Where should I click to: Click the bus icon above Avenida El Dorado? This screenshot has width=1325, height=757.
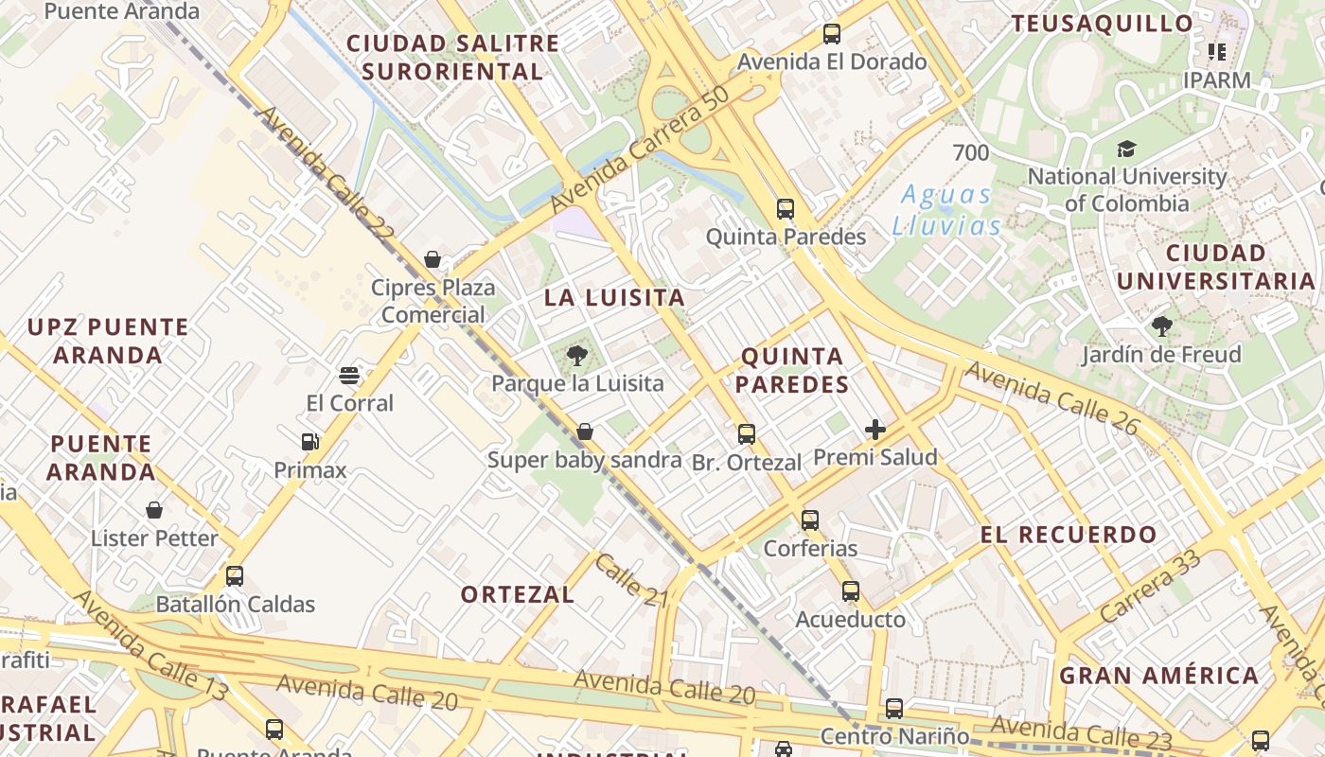pyautogui.click(x=832, y=34)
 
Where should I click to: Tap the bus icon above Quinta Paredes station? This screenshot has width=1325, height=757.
pyautogui.click(x=786, y=209)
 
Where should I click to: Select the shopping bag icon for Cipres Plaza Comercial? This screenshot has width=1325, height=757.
pyautogui.click(x=433, y=259)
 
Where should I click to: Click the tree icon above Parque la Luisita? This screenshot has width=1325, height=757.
pyautogui.click(x=576, y=356)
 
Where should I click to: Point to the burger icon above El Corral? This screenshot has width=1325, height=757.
pyautogui.click(x=349, y=376)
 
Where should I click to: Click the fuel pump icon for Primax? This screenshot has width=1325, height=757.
pyautogui.click(x=309, y=442)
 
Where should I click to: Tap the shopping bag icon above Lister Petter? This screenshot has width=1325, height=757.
pyautogui.click(x=154, y=511)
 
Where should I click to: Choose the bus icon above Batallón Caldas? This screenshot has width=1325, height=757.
pyautogui.click(x=235, y=576)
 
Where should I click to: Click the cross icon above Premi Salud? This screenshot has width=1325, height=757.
pyautogui.click(x=875, y=431)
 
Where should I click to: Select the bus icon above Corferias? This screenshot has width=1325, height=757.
pyautogui.click(x=810, y=520)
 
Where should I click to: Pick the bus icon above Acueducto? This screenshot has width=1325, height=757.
pyautogui.click(x=851, y=591)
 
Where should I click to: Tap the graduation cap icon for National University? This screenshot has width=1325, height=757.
pyautogui.click(x=1126, y=150)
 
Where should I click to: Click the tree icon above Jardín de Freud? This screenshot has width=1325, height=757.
pyautogui.click(x=1162, y=327)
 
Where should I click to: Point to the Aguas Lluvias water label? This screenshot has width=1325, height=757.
pyautogui.click(x=946, y=210)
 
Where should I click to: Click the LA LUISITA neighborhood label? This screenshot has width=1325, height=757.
pyautogui.click(x=614, y=297)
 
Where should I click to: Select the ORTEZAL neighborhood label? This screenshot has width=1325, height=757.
pyautogui.click(x=518, y=594)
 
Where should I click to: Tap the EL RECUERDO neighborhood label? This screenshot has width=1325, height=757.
pyautogui.click(x=1068, y=535)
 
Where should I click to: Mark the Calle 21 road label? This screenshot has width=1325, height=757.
pyautogui.click(x=632, y=579)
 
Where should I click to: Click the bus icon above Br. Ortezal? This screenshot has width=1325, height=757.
pyautogui.click(x=747, y=434)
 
